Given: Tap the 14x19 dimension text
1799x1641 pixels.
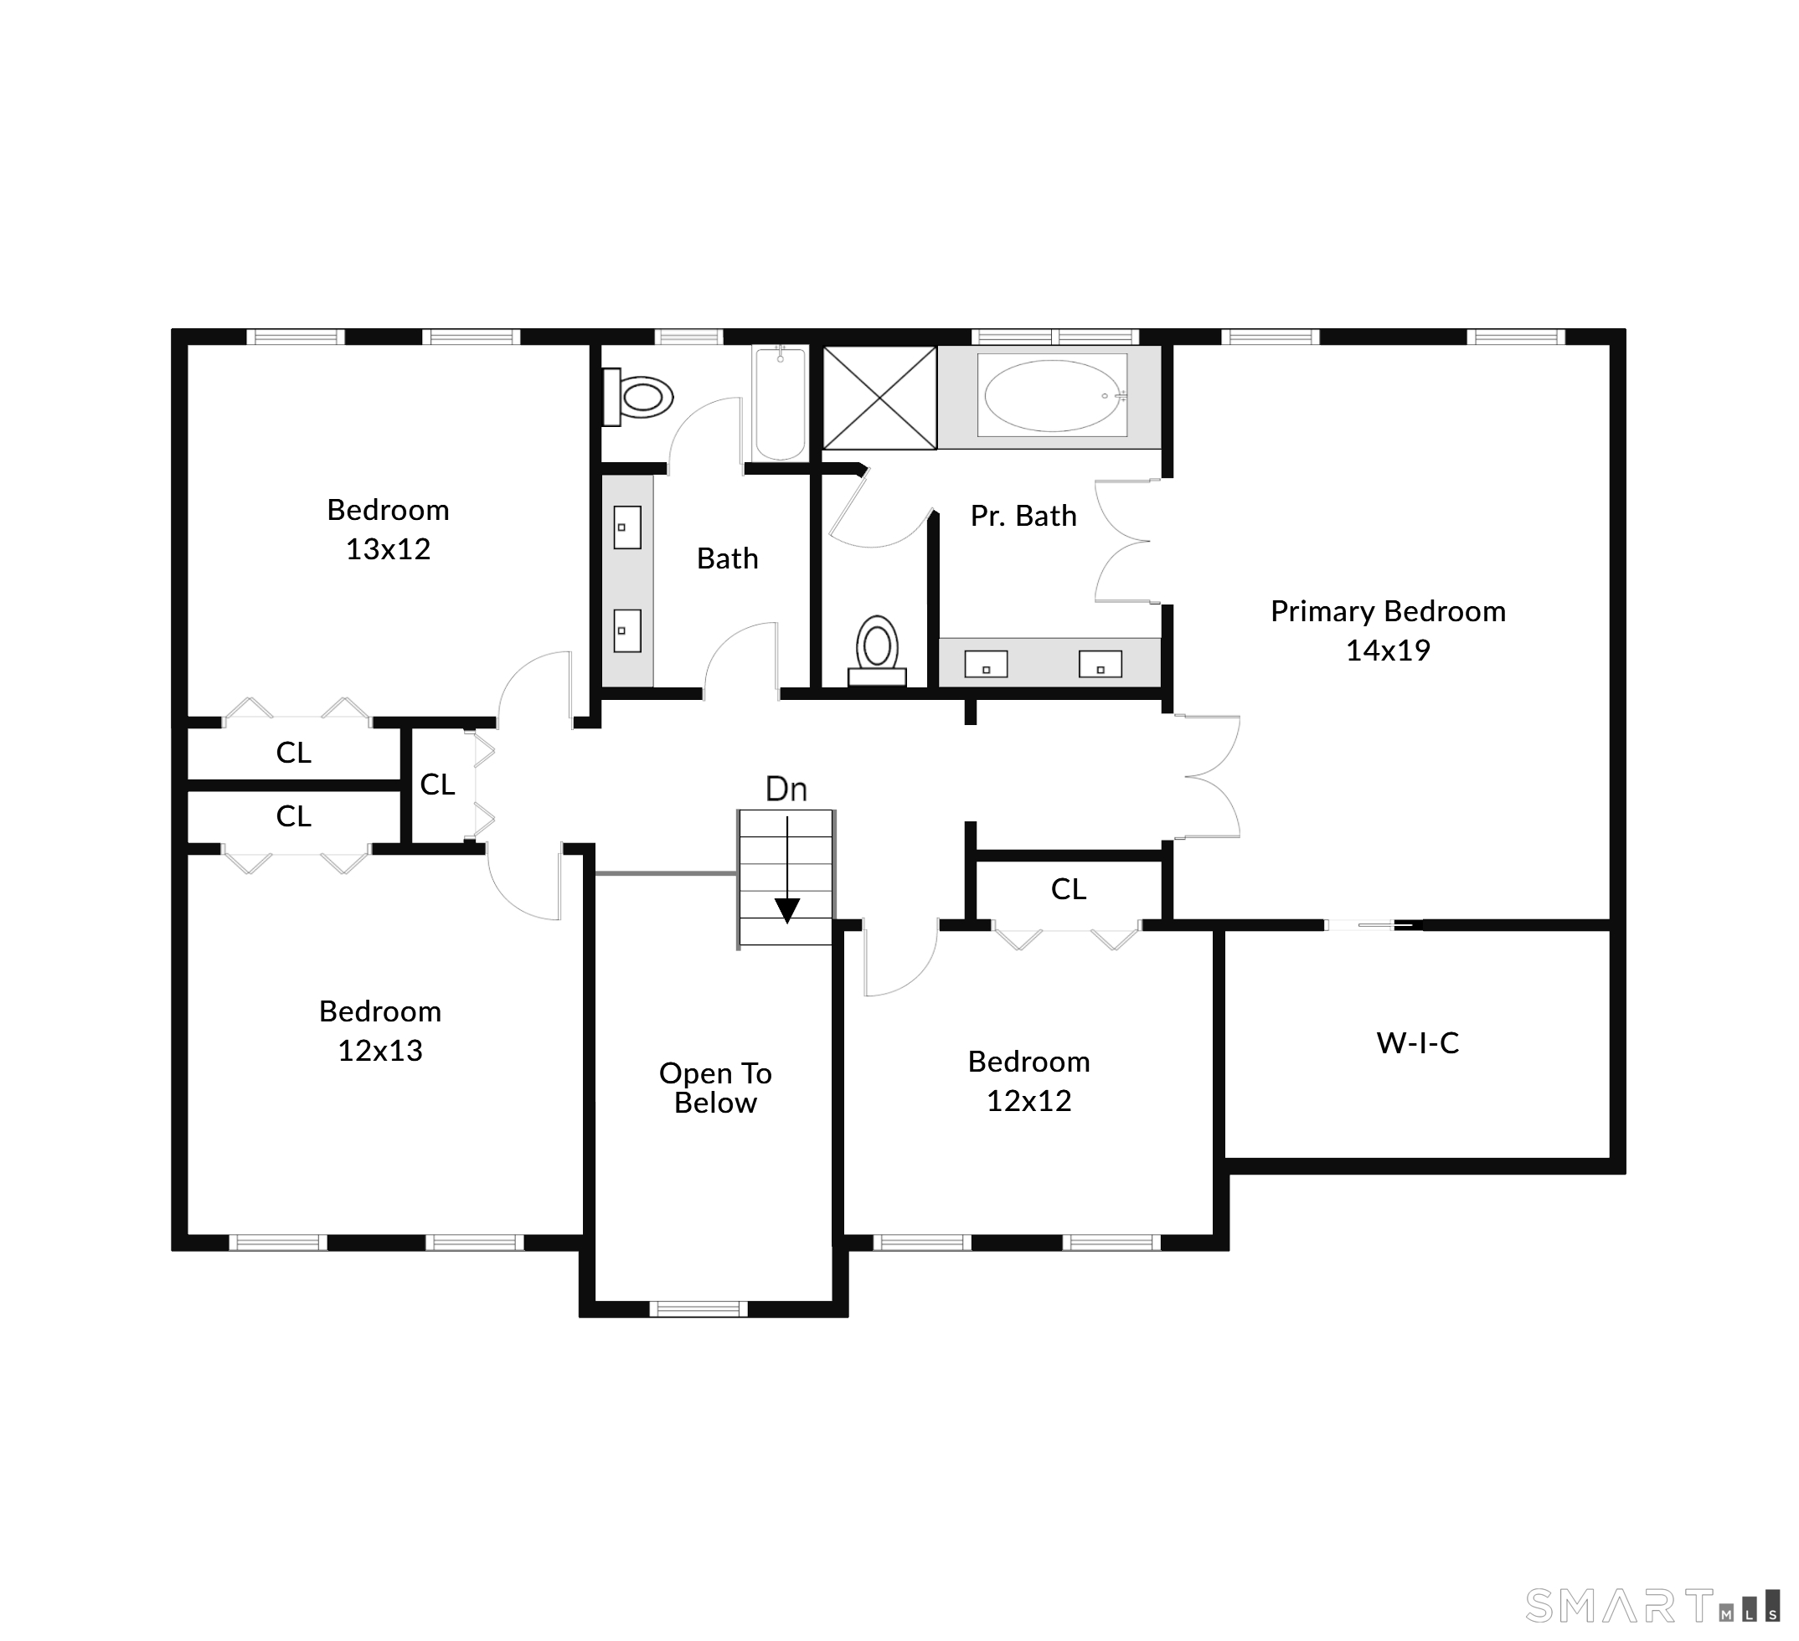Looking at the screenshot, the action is pyautogui.click(x=1388, y=651).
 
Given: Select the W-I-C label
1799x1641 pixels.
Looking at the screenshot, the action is pyautogui.click(x=1418, y=1043).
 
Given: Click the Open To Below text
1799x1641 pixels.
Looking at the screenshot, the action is pyautogui.click(x=716, y=1088).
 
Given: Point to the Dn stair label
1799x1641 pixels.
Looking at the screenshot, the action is pyautogui.click(x=786, y=790).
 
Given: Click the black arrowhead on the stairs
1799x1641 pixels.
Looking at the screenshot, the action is pyautogui.click(x=787, y=911).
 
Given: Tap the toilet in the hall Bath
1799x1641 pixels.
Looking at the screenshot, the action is pyautogui.click(x=637, y=397).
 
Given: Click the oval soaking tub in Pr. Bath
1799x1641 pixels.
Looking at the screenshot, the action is pyautogui.click(x=1052, y=395).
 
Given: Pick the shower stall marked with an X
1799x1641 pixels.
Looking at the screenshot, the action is pyautogui.click(x=879, y=398).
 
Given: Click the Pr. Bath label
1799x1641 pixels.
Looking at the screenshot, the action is pyautogui.click(x=1023, y=517).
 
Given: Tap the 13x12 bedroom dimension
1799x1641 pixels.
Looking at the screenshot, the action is pyautogui.click(x=388, y=549).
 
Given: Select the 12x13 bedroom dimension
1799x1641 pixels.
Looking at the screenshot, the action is pyautogui.click(x=380, y=1051).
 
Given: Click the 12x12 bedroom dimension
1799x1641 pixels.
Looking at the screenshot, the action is pyautogui.click(x=1028, y=1102).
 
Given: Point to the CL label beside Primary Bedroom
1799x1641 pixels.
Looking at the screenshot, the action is pyautogui.click(x=1068, y=889).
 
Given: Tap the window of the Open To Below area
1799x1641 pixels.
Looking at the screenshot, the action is pyautogui.click(x=698, y=1309).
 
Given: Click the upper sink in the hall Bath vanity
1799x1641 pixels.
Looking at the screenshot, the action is pyautogui.click(x=627, y=527).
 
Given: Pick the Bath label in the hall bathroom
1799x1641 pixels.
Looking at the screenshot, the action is pyautogui.click(x=727, y=559).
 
